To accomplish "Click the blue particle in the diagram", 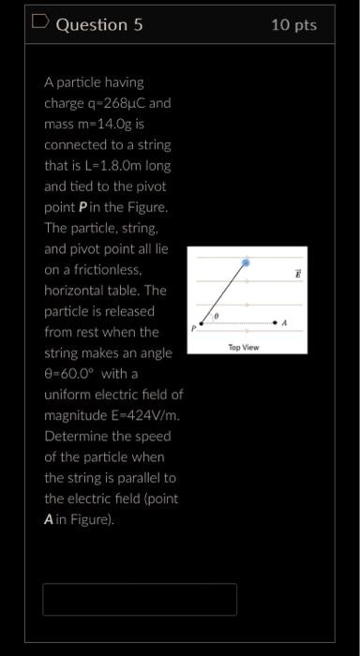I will pos(246,263).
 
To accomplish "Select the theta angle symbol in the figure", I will pos(217,318).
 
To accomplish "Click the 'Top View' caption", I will pos(244,347).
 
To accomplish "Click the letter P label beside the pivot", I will pos(194,328).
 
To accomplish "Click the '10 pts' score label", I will pos(294,25).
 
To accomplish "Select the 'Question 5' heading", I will pos(99,25).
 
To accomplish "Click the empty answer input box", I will pos(140,599).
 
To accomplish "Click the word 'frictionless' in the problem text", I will pos(117,269).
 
